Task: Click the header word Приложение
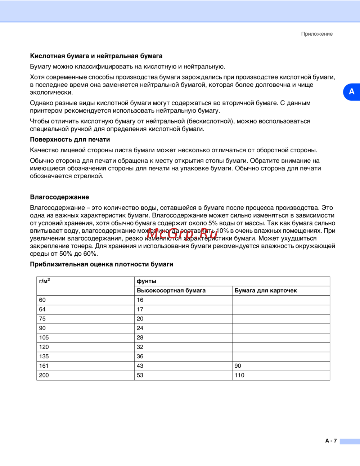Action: coord(317,34)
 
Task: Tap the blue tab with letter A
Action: coord(351,92)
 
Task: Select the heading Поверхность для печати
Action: coord(70,140)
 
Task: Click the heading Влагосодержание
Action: coord(59,197)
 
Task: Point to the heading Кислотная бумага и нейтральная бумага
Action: coord(96,56)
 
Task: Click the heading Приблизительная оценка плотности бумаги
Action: coord(102,264)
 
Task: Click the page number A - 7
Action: coord(331,441)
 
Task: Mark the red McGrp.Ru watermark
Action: coord(182,234)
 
